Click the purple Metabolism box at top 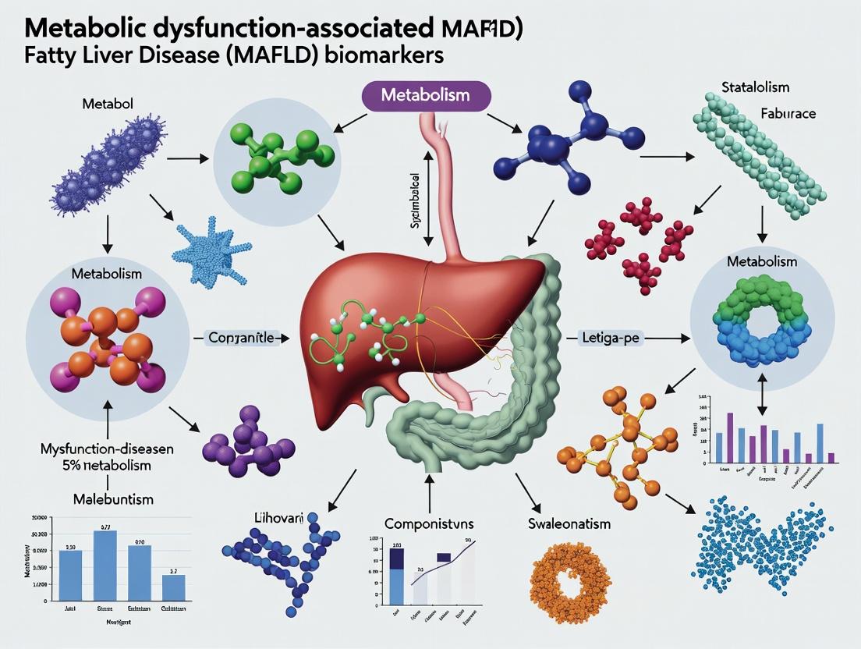tap(425, 95)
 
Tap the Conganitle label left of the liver tap(241, 338)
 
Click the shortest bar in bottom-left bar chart tap(173, 587)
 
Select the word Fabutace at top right tap(787, 114)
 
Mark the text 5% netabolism tap(97, 465)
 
